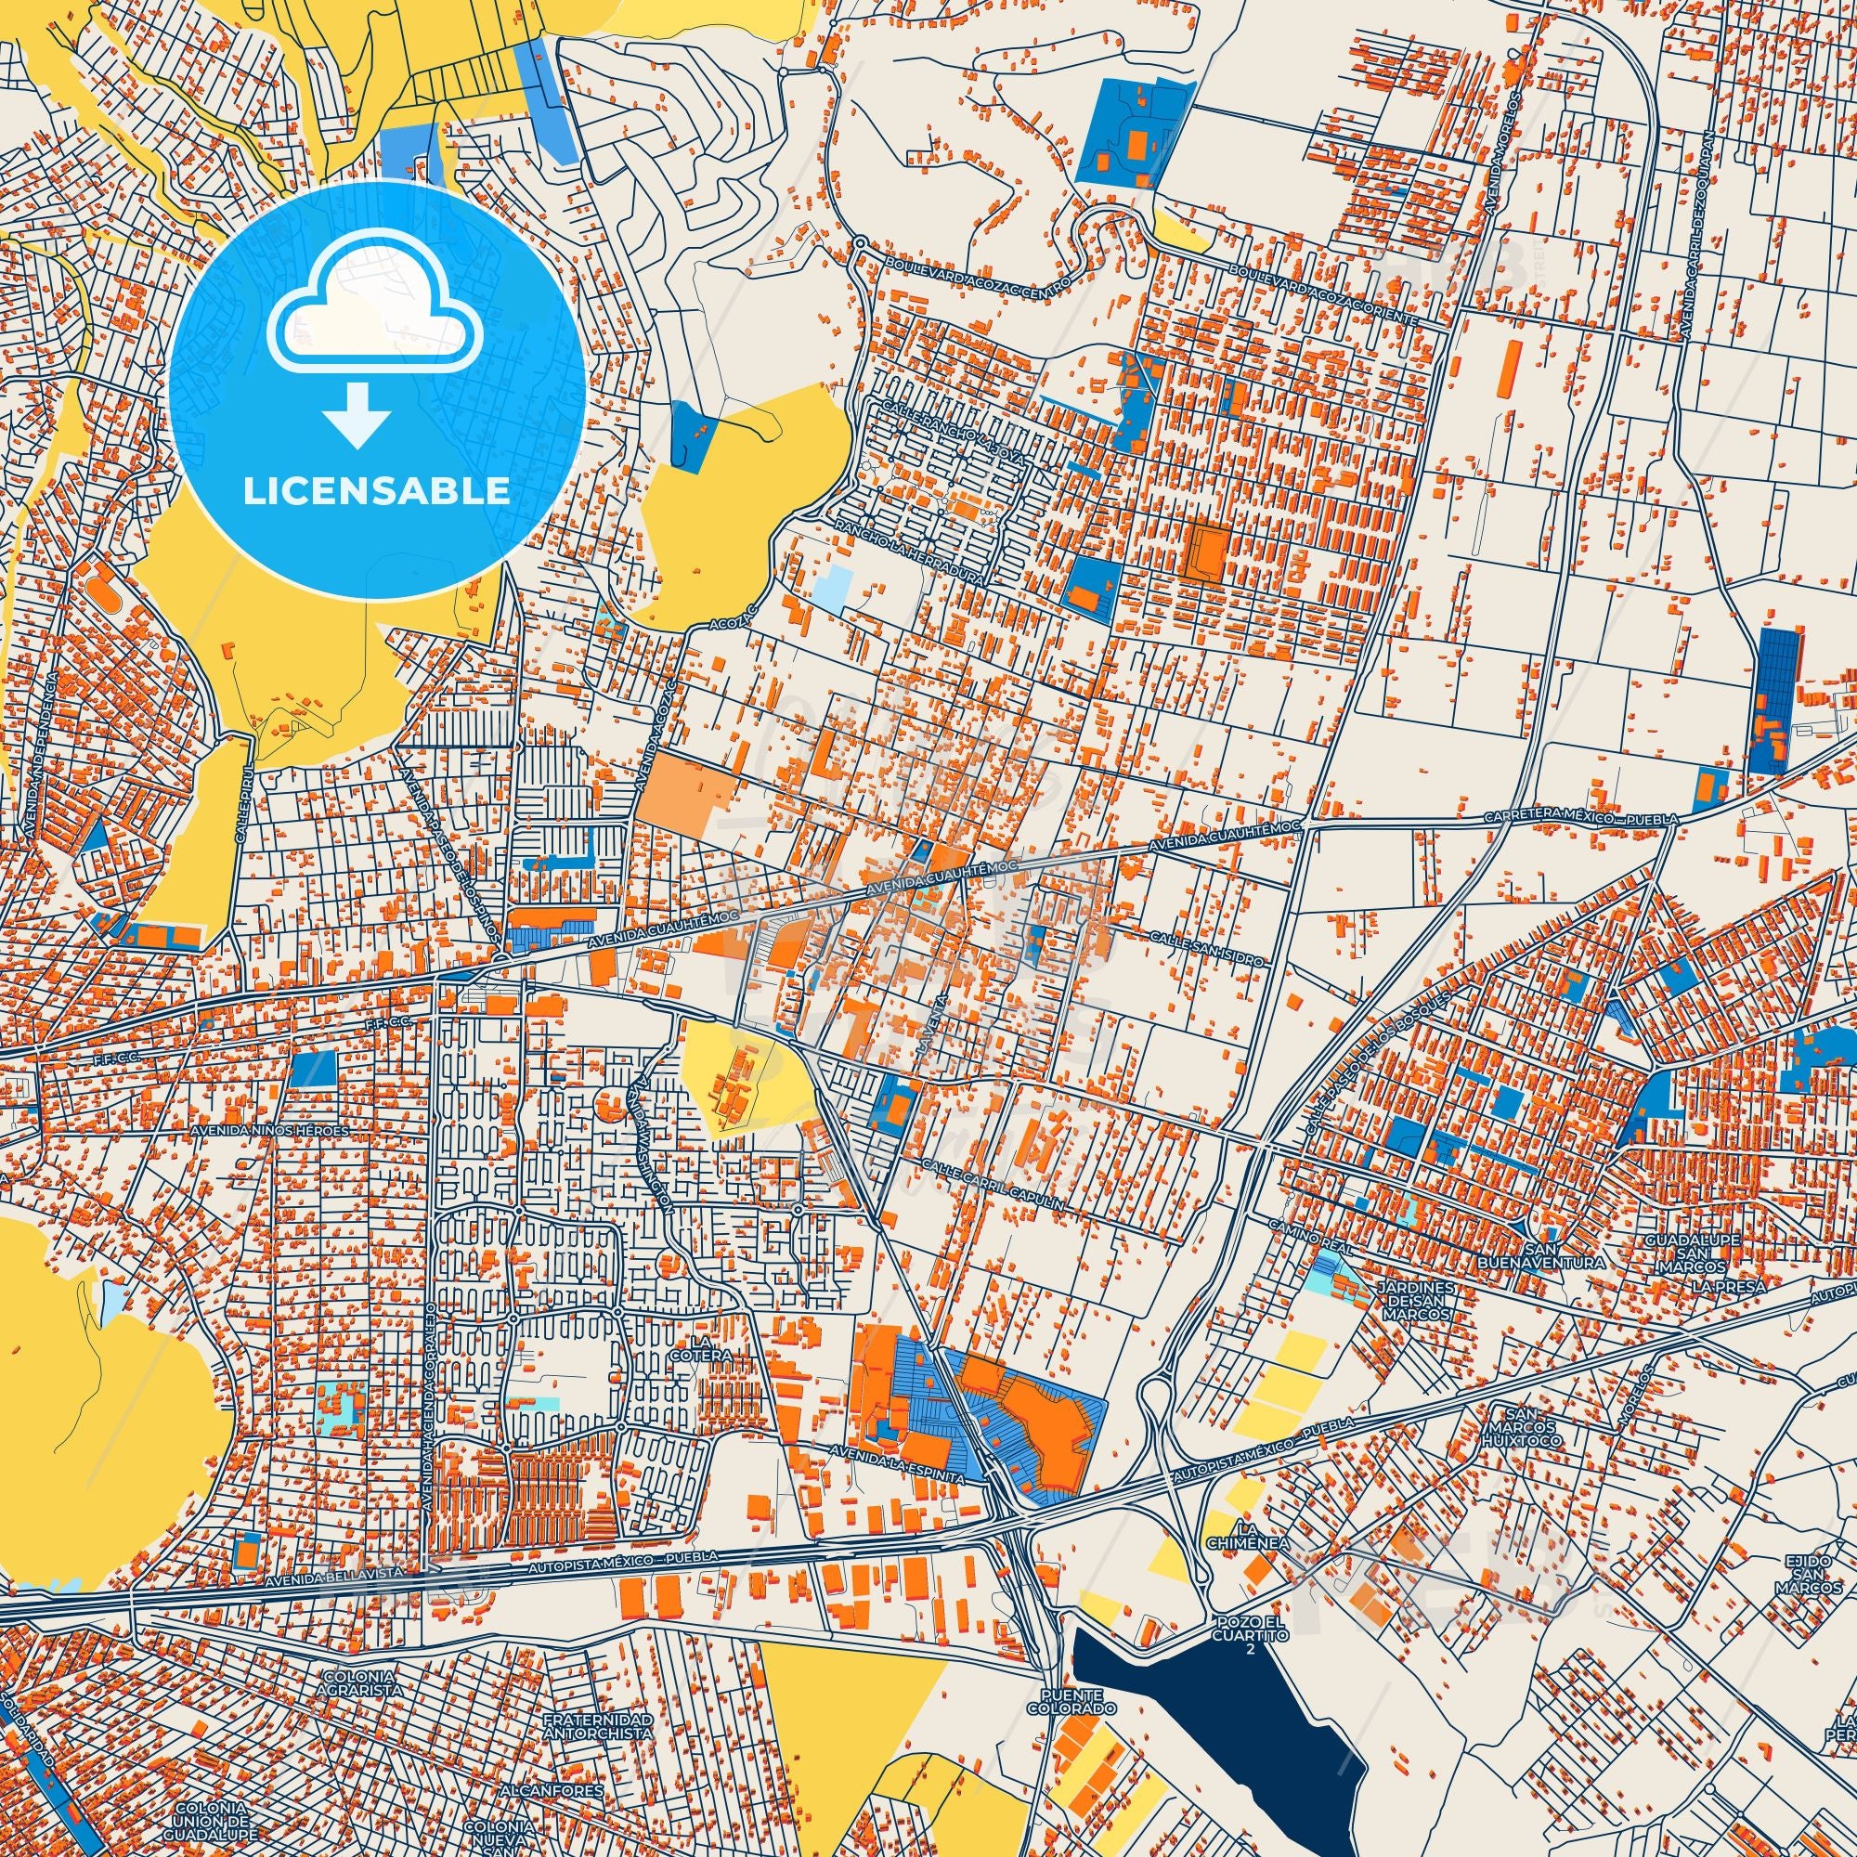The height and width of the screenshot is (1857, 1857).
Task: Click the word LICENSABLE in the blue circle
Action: pos(377,491)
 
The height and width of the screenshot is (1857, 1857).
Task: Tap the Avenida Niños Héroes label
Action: pos(269,1130)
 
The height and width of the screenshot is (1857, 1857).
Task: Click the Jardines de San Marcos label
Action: pos(1413,1301)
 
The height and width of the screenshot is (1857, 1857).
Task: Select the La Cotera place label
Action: pos(710,1348)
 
